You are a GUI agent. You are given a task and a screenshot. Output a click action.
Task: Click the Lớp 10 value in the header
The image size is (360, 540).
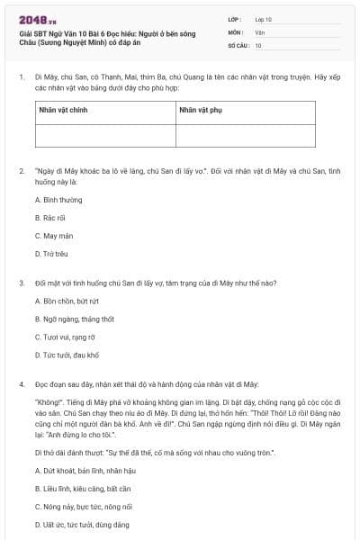tap(264, 18)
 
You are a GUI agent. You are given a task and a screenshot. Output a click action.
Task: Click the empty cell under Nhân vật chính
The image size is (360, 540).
tap(104, 135)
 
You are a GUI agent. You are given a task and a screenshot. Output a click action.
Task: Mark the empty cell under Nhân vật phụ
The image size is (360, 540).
tap(245, 135)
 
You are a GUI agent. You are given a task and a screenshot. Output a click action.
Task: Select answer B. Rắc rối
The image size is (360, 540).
tap(50, 218)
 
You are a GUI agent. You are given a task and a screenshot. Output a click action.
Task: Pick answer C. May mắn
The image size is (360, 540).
tap(52, 236)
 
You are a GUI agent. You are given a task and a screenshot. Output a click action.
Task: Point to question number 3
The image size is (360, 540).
tap(21, 283)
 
